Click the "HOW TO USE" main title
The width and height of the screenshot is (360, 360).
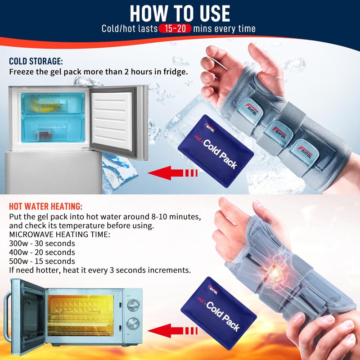coord(180,13)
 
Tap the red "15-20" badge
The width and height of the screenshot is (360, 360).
coord(175,29)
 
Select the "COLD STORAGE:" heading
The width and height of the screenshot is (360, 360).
coord(36,61)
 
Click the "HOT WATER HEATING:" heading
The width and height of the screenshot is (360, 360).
coord(45,207)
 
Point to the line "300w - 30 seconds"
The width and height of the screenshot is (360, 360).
coord(42,243)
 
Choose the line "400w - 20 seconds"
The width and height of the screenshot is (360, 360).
coord(42,252)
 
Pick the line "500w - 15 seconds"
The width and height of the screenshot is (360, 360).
coord(42,261)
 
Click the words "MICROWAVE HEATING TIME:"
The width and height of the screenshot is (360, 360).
coord(60,234)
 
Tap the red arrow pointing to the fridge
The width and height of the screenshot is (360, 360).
coord(172,173)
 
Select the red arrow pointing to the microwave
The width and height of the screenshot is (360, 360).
coord(172,331)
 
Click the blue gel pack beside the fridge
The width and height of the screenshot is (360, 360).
coord(216,151)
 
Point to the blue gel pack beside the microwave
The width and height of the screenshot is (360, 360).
coord(219,313)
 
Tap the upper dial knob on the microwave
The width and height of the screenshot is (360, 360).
coord(133,306)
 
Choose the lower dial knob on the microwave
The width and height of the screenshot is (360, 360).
coord(133,323)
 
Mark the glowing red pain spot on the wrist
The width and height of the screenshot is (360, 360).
coord(274,268)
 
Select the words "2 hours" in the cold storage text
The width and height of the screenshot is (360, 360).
coord(139,72)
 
